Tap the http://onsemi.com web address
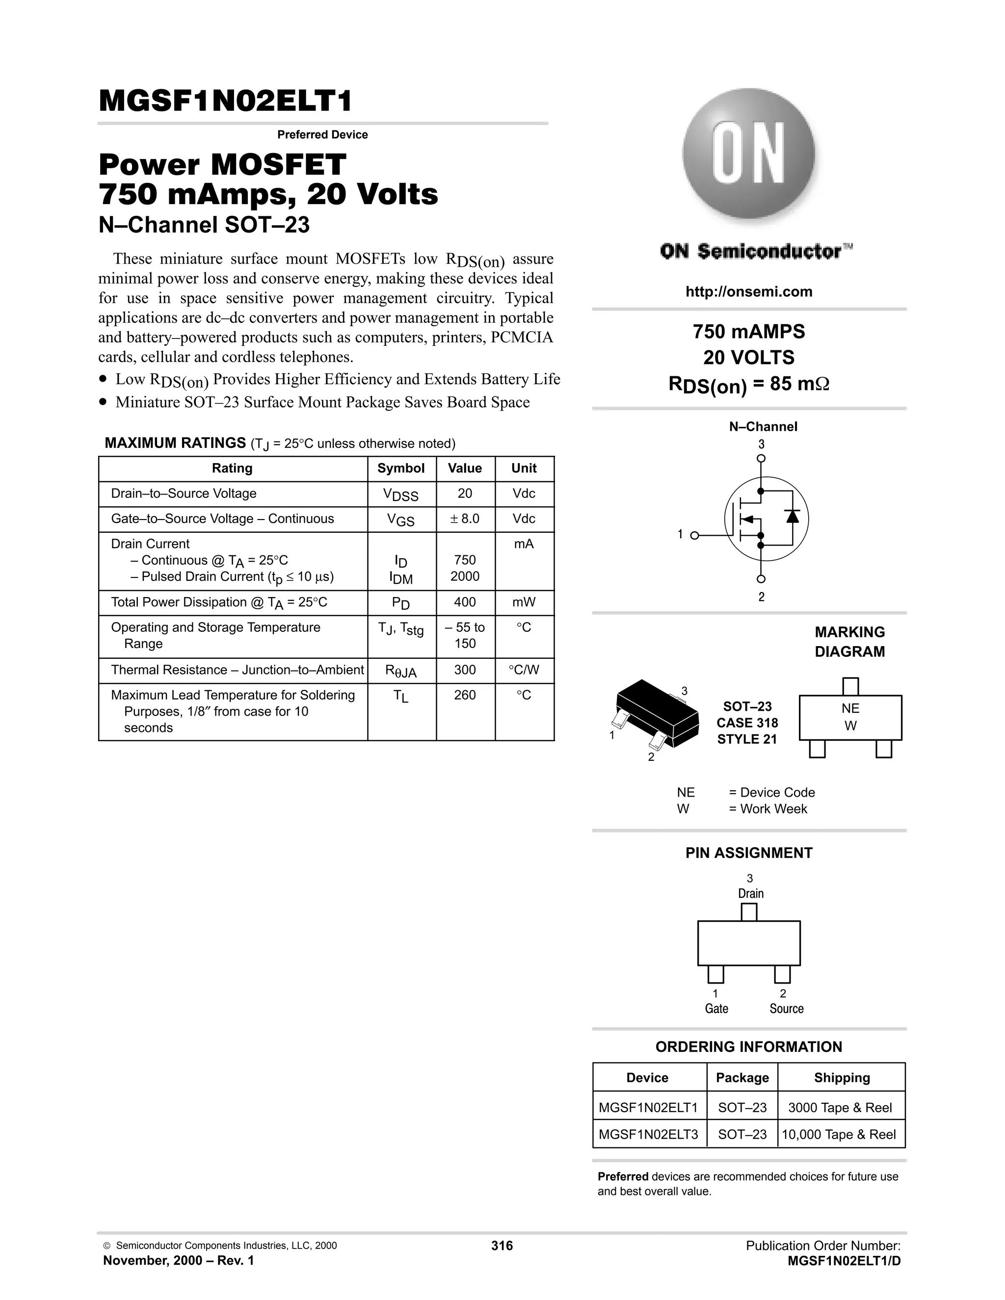coord(748,292)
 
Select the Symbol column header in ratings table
coord(401,468)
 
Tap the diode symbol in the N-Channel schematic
coord(792,516)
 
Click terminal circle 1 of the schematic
coord(694,536)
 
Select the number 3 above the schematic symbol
coord(761,444)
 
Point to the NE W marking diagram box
coord(850,717)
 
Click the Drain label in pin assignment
coord(750,893)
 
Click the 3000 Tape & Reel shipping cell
coord(840,1107)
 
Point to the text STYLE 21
coord(746,739)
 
